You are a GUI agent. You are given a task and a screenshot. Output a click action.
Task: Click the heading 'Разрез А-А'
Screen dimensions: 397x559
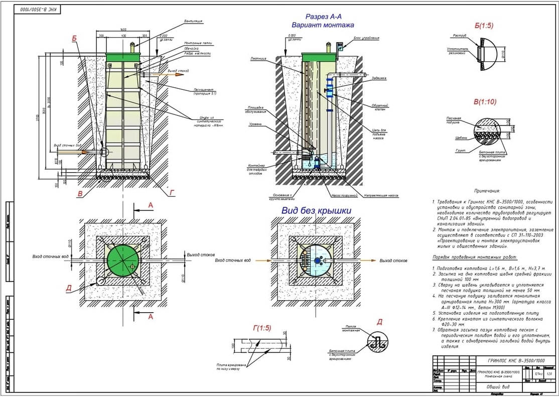[x=324, y=16]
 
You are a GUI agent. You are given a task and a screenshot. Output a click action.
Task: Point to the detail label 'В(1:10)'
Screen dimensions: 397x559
[x=485, y=101]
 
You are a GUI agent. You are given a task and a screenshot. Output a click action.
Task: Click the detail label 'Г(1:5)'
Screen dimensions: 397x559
[x=261, y=328]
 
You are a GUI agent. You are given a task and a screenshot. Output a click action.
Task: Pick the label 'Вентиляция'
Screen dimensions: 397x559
[x=193, y=22]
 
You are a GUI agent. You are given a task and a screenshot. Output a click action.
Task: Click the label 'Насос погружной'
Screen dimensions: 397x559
[x=329, y=196]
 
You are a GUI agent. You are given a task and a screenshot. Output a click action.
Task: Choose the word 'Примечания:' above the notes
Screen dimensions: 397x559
[x=486, y=191]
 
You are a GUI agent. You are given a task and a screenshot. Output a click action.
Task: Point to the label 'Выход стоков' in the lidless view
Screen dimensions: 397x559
[x=393, y=261]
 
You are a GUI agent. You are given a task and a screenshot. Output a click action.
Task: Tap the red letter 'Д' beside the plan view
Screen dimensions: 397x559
[x=69, y=288]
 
